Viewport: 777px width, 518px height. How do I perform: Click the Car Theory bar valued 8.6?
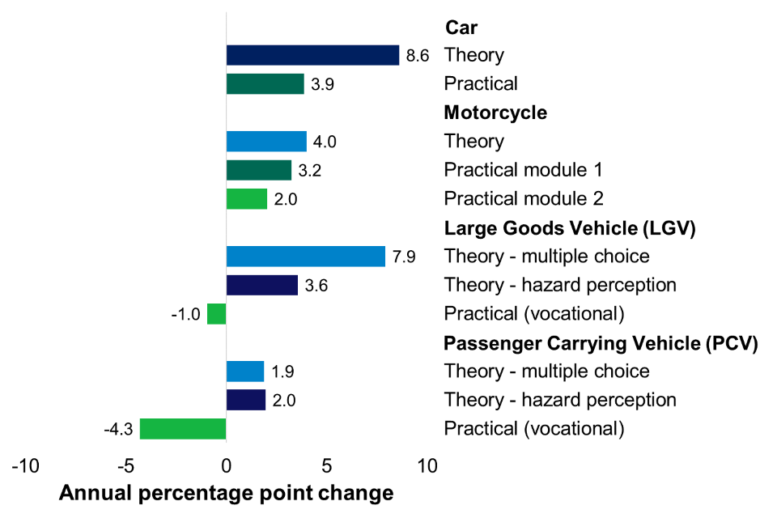(312, 55)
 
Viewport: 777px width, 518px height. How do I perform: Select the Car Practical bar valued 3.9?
(265, 83)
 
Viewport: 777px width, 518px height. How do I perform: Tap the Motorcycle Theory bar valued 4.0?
(266, 142)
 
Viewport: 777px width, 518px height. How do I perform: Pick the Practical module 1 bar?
(258, 170)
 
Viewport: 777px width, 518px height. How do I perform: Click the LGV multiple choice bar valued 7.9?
(305, 256)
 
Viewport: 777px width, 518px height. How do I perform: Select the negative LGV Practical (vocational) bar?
(216, 314)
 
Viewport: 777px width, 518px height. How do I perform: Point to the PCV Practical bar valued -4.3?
(183, 428)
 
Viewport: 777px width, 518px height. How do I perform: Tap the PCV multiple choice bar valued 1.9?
(244, 372)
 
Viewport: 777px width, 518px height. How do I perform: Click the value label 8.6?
(418, 55)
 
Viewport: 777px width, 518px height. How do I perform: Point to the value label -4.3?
(118, 428)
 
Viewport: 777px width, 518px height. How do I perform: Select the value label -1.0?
(185, 314)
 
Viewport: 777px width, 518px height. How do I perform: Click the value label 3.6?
(316, 285)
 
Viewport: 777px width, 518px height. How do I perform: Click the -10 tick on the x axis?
(24, 466)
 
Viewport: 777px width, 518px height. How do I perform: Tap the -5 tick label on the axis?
(125, 466)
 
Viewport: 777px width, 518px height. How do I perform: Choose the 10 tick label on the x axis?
(427, 466)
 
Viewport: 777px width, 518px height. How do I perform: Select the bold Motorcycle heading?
(495, 113)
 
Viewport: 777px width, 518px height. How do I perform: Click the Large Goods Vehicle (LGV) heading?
(570, 228)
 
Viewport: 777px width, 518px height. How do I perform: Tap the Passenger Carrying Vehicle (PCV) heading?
(601, 342)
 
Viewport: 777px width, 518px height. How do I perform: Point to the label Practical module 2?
(523, 198)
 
